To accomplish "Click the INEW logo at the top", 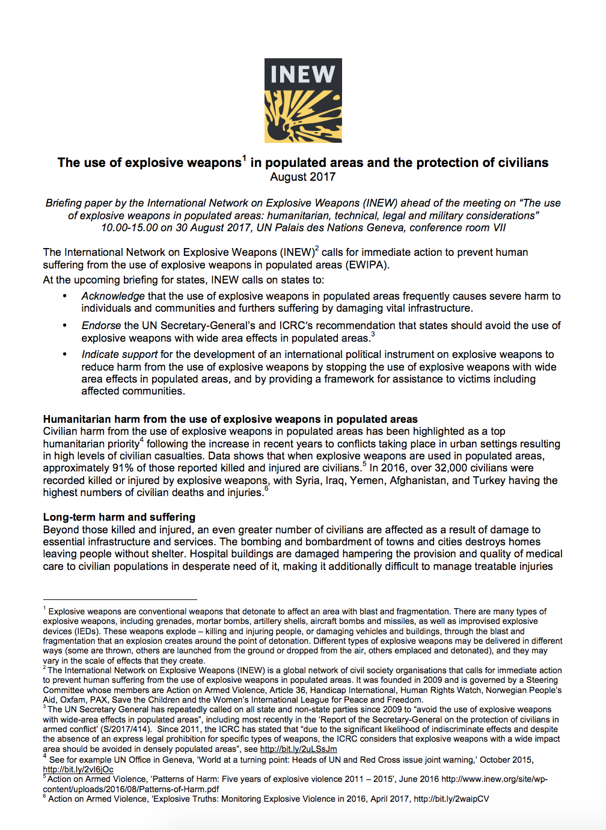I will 303,100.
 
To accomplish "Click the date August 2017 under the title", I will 303,177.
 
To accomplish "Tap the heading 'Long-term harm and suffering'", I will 119,517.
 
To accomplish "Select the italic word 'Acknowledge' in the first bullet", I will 113,296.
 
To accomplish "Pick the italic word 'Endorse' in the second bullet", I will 102,326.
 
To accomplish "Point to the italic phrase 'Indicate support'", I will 120,355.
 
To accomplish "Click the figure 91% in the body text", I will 122,468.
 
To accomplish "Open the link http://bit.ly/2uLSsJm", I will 298,750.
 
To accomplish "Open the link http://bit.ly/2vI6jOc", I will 78,769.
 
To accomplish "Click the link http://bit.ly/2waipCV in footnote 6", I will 451,799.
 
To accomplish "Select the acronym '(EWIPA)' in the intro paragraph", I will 367,265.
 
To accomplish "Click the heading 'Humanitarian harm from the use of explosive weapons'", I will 230,419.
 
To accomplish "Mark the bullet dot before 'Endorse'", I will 65,326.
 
